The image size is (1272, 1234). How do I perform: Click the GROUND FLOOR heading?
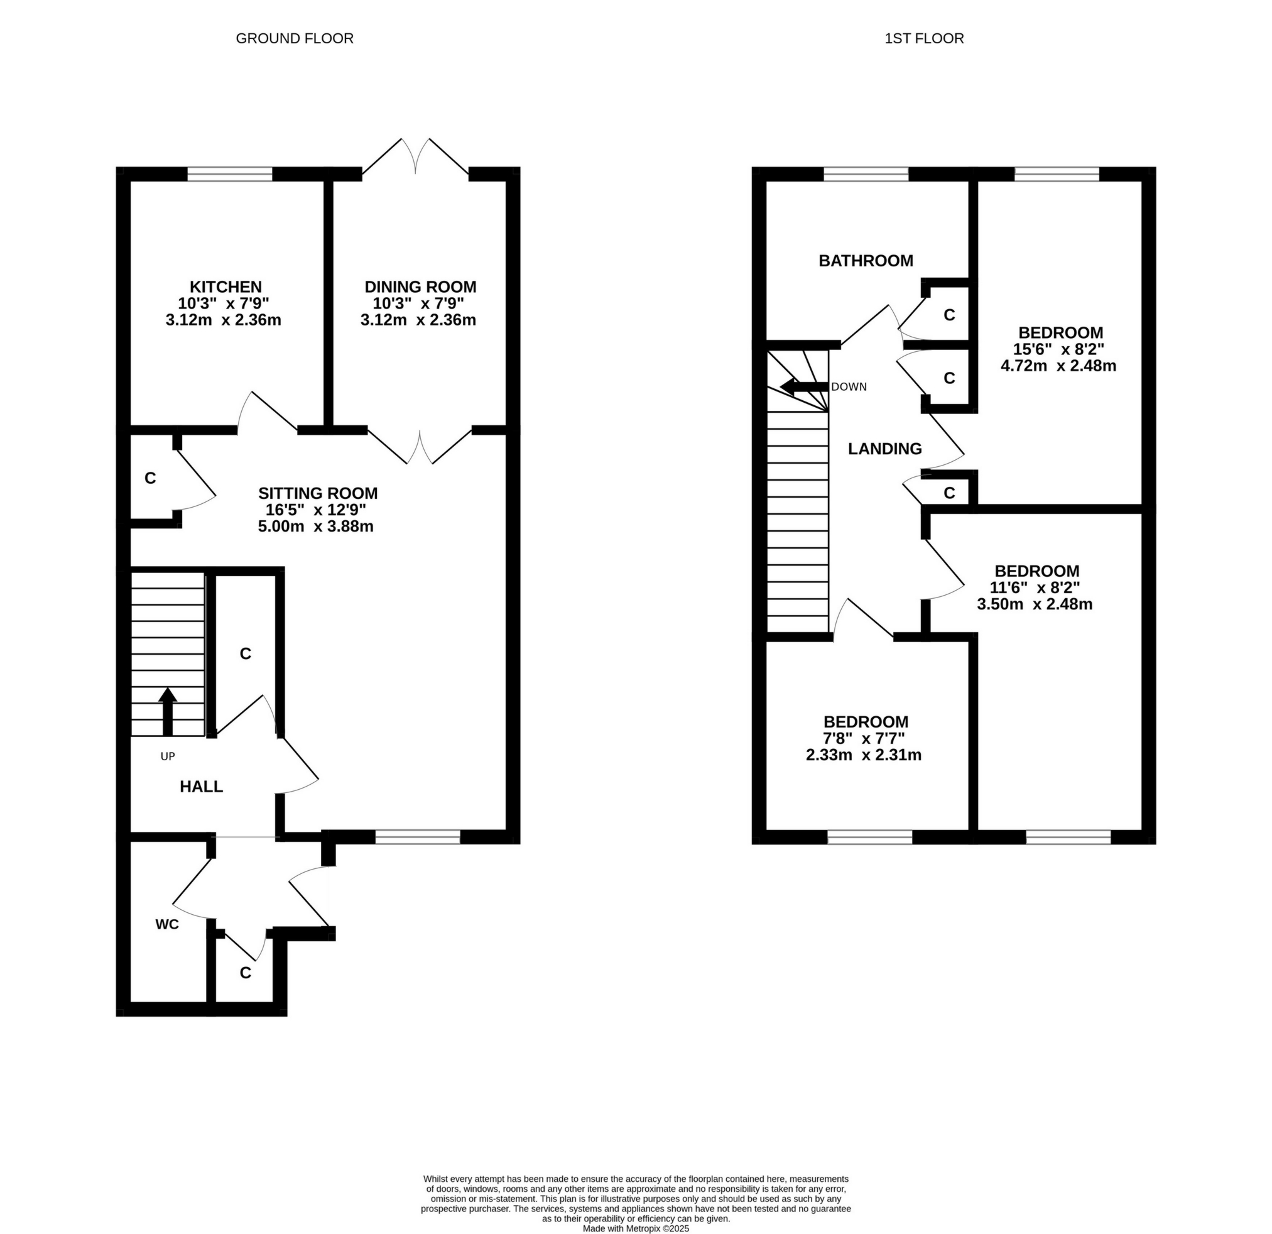294,38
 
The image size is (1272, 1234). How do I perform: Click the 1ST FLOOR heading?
923,38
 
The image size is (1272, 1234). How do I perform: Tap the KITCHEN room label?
226,287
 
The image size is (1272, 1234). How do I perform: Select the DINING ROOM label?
420,287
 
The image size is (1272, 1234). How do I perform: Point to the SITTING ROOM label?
317,493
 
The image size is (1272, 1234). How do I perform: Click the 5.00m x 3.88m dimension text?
315,527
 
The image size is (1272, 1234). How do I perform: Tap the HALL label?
201,787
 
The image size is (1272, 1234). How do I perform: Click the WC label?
167,924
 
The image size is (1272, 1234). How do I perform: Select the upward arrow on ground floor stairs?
168,710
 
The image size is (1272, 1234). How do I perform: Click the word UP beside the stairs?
168,756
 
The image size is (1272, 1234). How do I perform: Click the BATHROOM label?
865,260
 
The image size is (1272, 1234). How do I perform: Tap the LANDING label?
884,449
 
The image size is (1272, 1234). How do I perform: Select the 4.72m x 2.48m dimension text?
1058,366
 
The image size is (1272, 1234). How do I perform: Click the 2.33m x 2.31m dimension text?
863,755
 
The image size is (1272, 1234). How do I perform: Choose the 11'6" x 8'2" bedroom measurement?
1036,587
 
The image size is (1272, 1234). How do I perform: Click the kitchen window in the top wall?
230,174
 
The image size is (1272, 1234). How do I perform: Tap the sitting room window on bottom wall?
417,837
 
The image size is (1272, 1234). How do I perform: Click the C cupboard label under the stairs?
245,653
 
